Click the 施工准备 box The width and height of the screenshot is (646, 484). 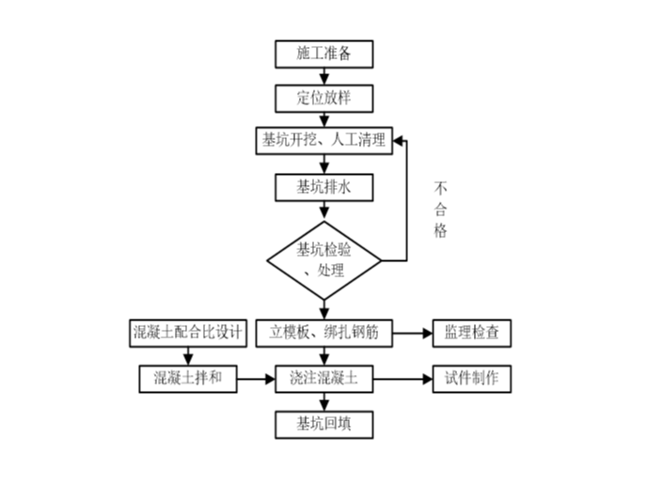coord(323,54)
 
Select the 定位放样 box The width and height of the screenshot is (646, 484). coord(323,98)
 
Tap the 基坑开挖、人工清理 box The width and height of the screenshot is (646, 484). coord(323,141)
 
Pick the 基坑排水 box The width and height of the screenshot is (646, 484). coord(323,186)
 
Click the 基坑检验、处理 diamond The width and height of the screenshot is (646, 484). coord(323,259)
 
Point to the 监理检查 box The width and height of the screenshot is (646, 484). coord(471,332)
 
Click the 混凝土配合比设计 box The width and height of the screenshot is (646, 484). coord(187,332)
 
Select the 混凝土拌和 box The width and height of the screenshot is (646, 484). coord(187,379)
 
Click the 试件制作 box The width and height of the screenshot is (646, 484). coord(471,379)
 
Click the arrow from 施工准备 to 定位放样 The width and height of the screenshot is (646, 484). coord(323,75)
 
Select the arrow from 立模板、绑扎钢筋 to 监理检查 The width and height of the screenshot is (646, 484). coord(410,332)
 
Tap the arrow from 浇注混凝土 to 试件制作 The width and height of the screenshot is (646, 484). coord(402,379)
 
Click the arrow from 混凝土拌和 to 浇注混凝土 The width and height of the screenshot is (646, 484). coord(256,379)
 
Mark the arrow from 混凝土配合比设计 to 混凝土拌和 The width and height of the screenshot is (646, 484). coord(187,355)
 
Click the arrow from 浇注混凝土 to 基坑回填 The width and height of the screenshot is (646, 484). coord(323,400)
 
